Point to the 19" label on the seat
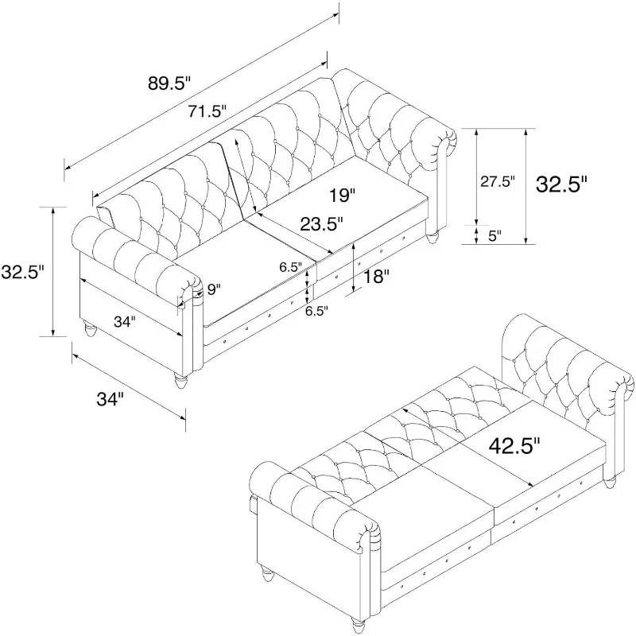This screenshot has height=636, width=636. pyautogui.click(x=343, y=194)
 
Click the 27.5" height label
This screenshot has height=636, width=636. pyautogui.click(x=498, y=181)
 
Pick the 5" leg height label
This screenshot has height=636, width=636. pyautogui.click(x=495, y=235)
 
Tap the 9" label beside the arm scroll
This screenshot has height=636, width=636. pyautogui.click(x=212, y=291)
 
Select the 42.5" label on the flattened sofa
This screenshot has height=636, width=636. pyautogui.click(x=513, y=445)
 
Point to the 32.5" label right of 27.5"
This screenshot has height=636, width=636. pyautogui.click(x=561, y=184)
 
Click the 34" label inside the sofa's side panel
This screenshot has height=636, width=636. pyautogui.click(x=123, y=322)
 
